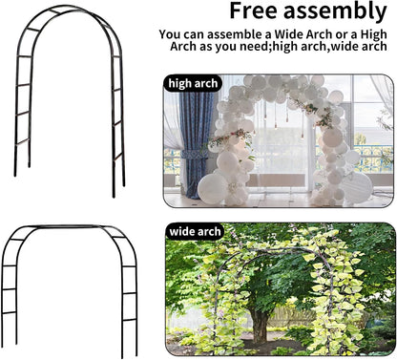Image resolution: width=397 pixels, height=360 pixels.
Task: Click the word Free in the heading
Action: click(255, 12)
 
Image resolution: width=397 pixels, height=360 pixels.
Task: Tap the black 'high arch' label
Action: click(194, 83)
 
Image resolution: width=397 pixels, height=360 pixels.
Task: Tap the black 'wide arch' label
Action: click(195, 231)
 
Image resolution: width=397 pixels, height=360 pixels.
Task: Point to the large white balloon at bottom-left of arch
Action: click(213, 185)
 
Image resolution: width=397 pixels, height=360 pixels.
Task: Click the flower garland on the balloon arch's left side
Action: click(227, 139)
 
